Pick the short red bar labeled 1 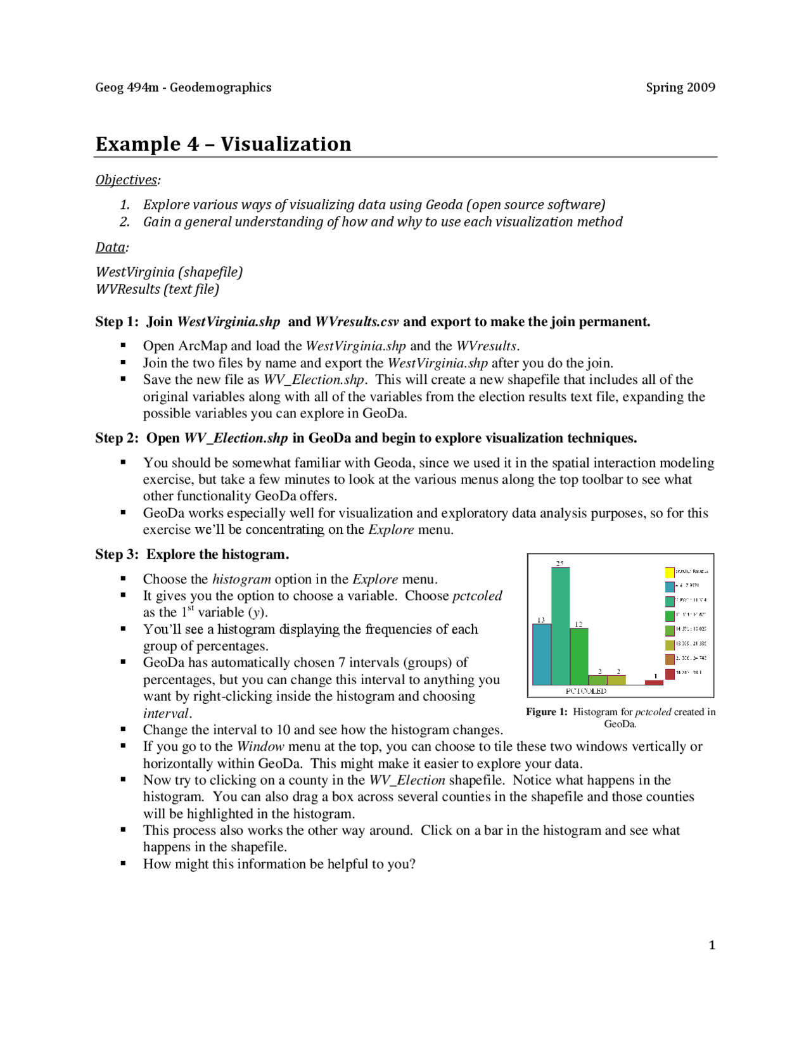tap(654, 682)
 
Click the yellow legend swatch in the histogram tap(669, 572)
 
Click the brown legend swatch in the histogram tap(669, 659)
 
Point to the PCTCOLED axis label tap(585, 691)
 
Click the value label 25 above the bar tap(559, 563)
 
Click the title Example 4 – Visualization tap(223, 144)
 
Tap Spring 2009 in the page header tap(680, 87)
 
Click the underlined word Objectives tap(126, 180)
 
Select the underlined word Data tap(110, 247)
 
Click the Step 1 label tap(117, 322)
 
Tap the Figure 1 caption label tap(546, 712)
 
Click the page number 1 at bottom tap(712, 945)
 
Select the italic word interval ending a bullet tap(165, 713)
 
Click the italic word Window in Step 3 tap(260, 746)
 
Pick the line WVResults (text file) tap(157, 289)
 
